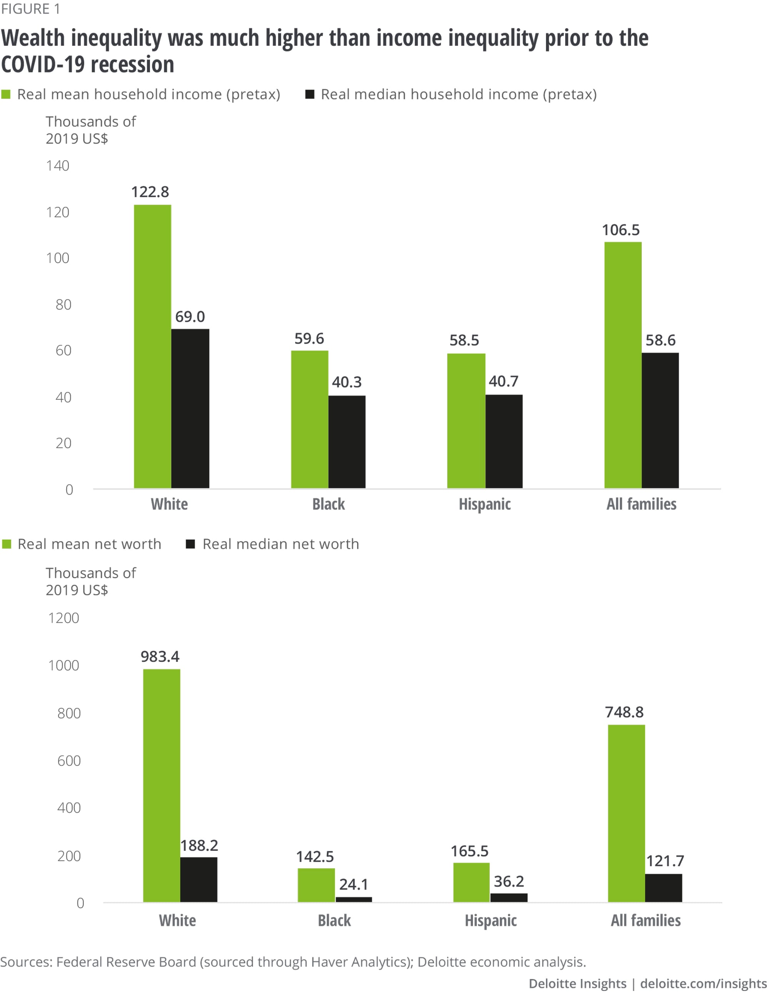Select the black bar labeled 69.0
(x=190, y=408)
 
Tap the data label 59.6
(x=309, y=339)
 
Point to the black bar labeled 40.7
(x=503, y=441)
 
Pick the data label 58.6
(x=660, y=341)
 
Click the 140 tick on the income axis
(x=58, y=165)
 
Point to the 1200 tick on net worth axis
(x=64, y=618)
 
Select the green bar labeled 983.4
(x=161, y=785)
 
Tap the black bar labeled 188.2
(x=199, y=879)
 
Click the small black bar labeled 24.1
(x=353, y=899)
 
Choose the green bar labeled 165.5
(x=471, y=882)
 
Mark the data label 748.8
(x=624, y=712)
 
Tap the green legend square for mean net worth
(x=7, y=544)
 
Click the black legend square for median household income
(x=310, y=94)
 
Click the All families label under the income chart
(x=641, y=504)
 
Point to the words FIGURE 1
(x=30, y=9)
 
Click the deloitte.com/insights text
(x=703, y=984)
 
